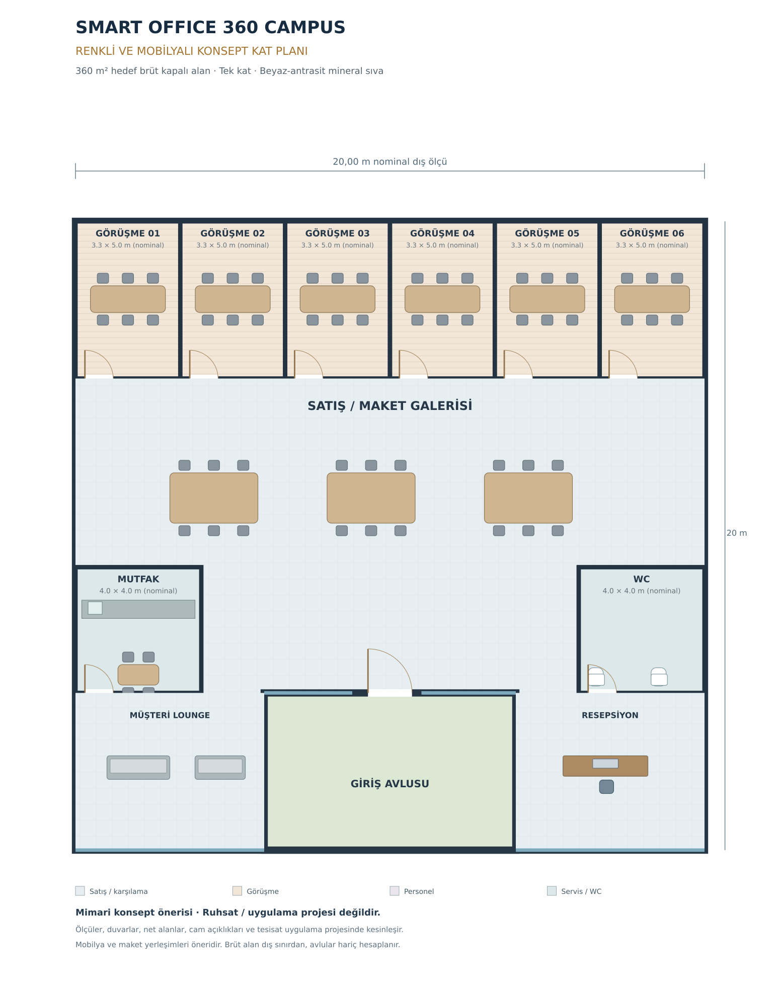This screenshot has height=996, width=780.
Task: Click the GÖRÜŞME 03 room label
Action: [337, 233]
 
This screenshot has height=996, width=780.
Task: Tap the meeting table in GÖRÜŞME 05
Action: [547, 299]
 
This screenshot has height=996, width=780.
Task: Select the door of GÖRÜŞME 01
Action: [99, 364]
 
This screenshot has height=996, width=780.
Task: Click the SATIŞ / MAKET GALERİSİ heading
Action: [390, 405]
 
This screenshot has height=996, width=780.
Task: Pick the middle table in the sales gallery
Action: [371, 497]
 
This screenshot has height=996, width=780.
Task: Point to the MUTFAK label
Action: [138, 579]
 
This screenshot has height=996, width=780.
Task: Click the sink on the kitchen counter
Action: [95, 608]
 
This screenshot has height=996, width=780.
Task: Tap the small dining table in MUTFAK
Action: [138, 675]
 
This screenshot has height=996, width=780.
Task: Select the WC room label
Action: [642, 579]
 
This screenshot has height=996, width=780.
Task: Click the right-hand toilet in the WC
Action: [659, 677]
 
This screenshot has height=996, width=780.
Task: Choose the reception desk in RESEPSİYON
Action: [605, 766]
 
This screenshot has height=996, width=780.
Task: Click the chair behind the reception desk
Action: [606, 787]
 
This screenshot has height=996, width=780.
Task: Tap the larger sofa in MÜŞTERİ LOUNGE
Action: [138, 767]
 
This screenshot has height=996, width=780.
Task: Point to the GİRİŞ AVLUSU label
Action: [390, 784]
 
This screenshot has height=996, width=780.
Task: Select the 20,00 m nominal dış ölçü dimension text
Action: [390, 161]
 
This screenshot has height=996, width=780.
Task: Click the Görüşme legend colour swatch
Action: [237, 891]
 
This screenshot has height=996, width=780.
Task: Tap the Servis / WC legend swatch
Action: [552, 891]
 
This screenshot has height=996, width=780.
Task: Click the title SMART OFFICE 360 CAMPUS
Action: [210, 27]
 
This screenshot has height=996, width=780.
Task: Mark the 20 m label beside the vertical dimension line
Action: [737, 533]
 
